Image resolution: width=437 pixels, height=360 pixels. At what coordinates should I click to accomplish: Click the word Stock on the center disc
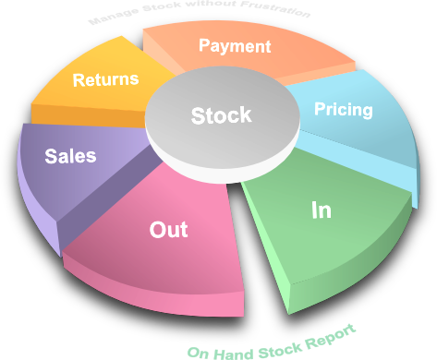point(221,115)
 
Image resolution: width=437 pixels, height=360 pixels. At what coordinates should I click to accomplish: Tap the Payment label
point(235,45)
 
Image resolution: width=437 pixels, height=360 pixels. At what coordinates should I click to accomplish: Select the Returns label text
point(105,79)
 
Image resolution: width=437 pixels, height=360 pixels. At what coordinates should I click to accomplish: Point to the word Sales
point(70,156)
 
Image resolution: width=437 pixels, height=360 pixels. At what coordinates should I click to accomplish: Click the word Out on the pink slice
point(168,229)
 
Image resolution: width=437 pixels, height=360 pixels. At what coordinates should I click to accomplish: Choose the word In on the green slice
point(321,210)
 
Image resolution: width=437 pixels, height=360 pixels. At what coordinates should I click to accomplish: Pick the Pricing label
point(343,110)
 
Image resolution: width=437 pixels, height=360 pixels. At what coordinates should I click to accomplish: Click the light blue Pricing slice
point(370,129)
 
